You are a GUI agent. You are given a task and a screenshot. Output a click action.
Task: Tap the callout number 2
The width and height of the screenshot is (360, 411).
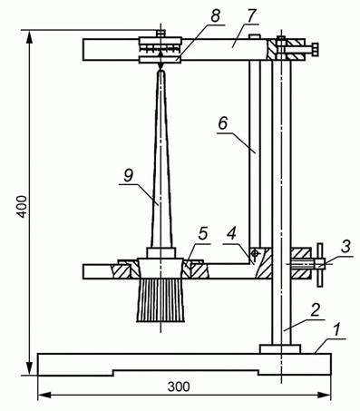pos(316,310)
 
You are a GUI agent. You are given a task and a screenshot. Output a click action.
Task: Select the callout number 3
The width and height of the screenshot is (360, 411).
pos(345,247)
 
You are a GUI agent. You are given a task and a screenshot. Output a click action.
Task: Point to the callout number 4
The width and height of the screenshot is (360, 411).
pos(232,233)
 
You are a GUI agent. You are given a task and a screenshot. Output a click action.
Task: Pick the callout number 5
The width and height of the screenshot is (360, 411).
pos(203,233)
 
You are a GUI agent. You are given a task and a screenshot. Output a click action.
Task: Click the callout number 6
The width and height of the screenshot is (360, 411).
pos(223,123)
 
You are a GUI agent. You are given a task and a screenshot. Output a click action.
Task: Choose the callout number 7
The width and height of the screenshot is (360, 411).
pos(250,15)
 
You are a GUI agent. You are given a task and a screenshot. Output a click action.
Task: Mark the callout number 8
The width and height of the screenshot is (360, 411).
pos(215,15)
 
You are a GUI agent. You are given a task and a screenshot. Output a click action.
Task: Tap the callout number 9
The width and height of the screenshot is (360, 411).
pos(128,176)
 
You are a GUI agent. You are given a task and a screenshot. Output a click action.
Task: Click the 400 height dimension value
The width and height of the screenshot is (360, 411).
pos(22,206)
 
